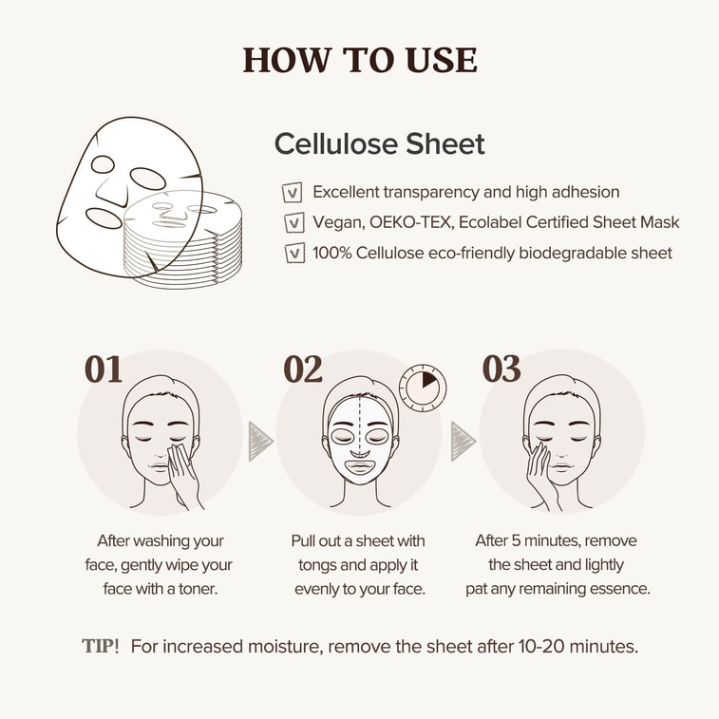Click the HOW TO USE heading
point(360,60)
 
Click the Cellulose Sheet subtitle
point(379,143)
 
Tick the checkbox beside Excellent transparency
point(294,193)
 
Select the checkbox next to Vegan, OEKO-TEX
point(294,223)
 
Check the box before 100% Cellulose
point(294,254)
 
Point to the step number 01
point(104,369)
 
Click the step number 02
point(303,369)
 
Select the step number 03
point(501,369)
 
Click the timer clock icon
point(422,388)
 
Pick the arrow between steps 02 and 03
point(463,441)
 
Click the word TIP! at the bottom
point(101,647)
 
